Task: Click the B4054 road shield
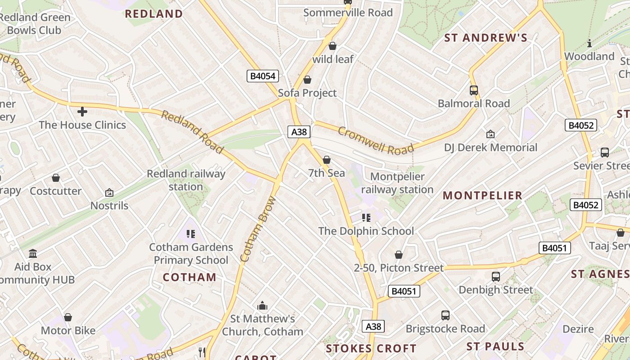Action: (263, 76)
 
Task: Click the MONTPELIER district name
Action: (483, 195)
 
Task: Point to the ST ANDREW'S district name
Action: (486, 38)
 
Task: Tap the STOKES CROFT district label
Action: (371, 348)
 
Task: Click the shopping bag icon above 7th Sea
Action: (327, 160)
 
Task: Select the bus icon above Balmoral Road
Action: (473, 90)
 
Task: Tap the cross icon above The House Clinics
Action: (82, 111)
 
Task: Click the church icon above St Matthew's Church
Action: (262, 306)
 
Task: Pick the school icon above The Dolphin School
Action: (366, 218)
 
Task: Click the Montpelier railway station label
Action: (397, 183)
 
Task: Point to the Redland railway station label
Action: (186, 180)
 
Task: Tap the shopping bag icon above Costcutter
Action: (56, 178)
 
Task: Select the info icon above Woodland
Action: (589, 44)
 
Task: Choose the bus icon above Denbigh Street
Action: (495, 277)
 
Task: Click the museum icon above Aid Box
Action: (33, 254)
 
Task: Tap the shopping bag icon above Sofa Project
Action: (307, 80)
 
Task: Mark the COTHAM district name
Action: (189, 277)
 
